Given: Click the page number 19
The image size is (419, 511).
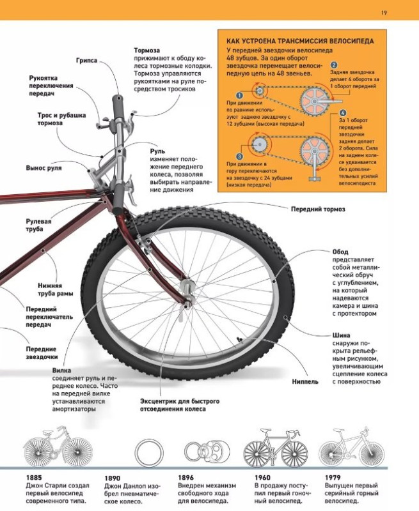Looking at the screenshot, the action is (x=384, y=12).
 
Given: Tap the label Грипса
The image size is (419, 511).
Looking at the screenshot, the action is (x=86, y=61).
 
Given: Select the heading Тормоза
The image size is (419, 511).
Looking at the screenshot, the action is (x=147, y=50).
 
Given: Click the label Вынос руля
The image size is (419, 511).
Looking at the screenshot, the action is (x=43, y=168).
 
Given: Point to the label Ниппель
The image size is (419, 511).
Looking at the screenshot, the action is (x=305, y=381).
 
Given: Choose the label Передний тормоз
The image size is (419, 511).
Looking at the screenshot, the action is (x=318, y=210).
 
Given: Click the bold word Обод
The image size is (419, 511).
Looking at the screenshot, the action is (x=340, y=252).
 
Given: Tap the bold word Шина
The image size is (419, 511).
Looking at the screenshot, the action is (x=342, y=335).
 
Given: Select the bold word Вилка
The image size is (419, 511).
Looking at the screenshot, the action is (x=61, y=370).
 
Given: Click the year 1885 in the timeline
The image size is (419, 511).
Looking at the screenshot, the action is (x=34, y=478).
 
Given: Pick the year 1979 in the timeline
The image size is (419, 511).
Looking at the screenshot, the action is (x=333, y=478).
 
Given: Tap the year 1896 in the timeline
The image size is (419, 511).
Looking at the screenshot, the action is (x=186, y=478).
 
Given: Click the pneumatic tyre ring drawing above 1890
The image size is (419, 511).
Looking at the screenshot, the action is (x=149, y=441).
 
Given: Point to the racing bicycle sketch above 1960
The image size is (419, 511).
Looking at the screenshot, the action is (x=276, y=448).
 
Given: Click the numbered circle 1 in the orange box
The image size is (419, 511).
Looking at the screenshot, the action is (x=239, y=95).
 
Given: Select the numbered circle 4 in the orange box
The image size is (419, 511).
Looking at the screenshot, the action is (x=343, y=113).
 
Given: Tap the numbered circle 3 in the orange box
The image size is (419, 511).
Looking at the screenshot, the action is (x=239, y=156).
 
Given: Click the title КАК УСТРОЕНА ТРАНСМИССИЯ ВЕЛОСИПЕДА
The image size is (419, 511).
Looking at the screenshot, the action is (x=300, y=41).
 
